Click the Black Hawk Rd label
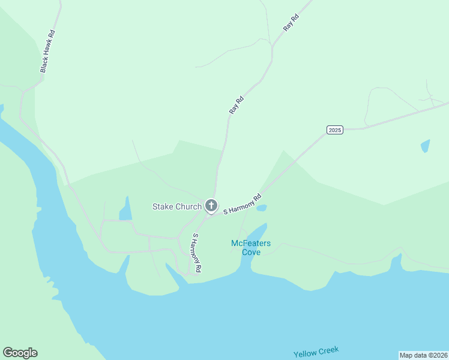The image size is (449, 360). (x=47, y=51)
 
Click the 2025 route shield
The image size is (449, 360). (x=335, y=130)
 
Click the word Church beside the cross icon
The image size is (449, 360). (x=188, y=207)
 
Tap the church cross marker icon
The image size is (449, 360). (x=211, y=206)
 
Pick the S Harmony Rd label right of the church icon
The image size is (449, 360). (x=243, y=204)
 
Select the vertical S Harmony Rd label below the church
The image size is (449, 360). (x=196, y=253)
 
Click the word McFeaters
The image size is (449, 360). (x=251, y=243)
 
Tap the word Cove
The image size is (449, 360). (x=251, y=252)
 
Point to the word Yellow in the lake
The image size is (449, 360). (x=306, y=353)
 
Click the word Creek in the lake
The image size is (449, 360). (x=329, y=350)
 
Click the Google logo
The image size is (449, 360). (x=20, y=353)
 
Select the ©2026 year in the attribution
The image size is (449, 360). (x=438, y=355)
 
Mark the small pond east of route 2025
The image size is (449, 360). (x=425, y=146)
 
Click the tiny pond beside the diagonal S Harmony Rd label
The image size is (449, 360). (x=261, y=208)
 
